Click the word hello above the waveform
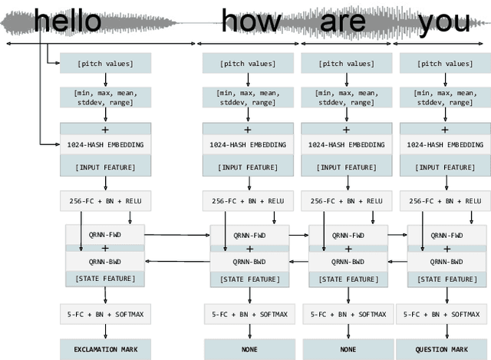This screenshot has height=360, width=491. (68, 21)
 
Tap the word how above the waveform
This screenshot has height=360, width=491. (251, 21)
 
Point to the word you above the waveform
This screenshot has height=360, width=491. (444, 21)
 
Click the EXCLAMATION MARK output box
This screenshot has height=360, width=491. (105, 350)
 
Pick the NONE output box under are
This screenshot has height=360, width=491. (347, 350)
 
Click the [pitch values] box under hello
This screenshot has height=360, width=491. (106, 63)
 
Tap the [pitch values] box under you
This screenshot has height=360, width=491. (444, 63)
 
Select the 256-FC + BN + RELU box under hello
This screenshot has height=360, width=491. (106, 201)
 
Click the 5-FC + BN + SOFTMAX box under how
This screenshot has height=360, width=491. (247, 313)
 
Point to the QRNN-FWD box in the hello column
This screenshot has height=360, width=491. (106, 236)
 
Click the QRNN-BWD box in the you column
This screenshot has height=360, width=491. (444, 261)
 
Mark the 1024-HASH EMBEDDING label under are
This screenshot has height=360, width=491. (347, 144)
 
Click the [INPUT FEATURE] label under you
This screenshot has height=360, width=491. (444, 167)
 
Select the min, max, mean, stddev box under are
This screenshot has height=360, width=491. (347, 97)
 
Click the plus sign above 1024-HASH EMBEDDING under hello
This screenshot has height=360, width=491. (105, 129)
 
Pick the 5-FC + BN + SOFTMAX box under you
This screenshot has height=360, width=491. (444, 313)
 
